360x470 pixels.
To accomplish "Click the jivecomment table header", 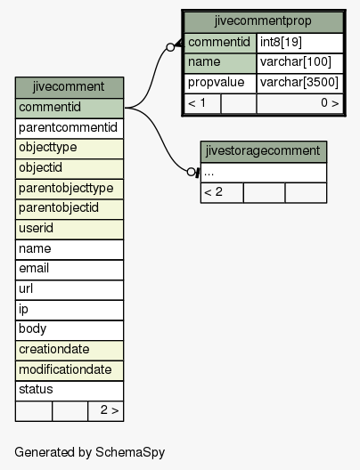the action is click(x=70, y=87).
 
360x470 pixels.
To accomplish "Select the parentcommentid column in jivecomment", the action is click(x=70, y=128).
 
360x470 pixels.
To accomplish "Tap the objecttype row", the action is click(x=70, y=149).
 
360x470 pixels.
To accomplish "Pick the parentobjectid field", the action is click(x=70, y=209).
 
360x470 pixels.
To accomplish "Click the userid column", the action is click(x=70, y=230).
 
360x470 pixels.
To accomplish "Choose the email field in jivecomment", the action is click(x=70, y=270).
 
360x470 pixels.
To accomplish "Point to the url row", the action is click(x=70, y=290).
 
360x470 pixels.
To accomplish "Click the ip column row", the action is click(x=70, y=311).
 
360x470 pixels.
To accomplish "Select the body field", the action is click(x=70, y=330).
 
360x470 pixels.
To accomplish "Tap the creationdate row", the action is click(x=70, y=351).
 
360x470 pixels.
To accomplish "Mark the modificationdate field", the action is click(x=70, y=371).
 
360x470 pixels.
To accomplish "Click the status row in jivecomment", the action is click(x=70, y=391).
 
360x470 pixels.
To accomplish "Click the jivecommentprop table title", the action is click(x=264, y=22).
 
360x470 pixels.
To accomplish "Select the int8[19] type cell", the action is click(x=299, y=43).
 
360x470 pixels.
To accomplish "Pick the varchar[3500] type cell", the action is click(x=299, y=84).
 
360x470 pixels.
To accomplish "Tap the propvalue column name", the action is click(x=220, y=84).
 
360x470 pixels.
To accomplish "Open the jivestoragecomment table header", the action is click(x=264, y=151).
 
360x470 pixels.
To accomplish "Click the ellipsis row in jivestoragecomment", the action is click(x=264, y=173).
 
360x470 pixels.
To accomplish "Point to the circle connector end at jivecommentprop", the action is click(x=170, y=47).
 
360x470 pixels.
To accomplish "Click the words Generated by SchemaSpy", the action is click(x=90, y=452).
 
